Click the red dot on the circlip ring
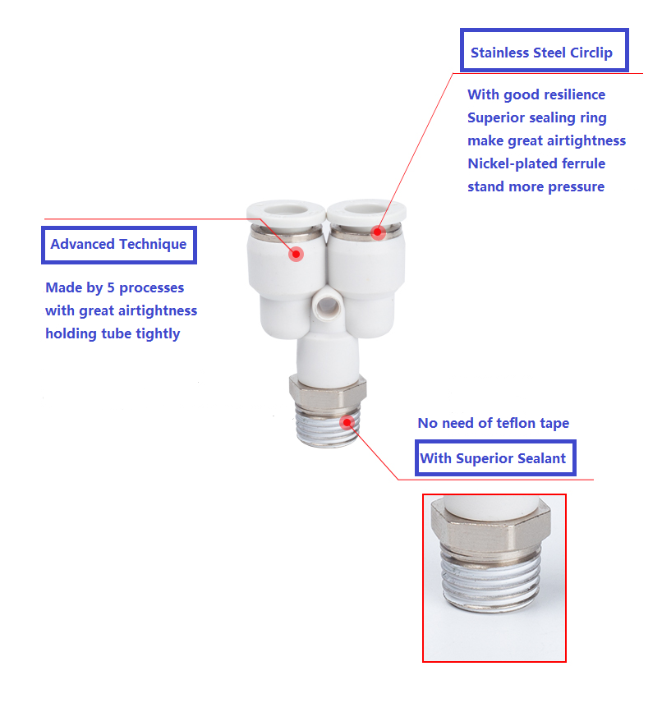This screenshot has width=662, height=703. tap(378, 232)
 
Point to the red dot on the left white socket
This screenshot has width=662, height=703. tap(296, 255)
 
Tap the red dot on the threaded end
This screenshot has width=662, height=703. tap(347, 422)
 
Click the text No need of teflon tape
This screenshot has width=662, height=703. tap(494, 423)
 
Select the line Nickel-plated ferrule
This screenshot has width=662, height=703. tap(536, 163)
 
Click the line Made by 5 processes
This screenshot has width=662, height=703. tap(115, 287)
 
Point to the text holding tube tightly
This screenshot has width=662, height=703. tap(113, 333)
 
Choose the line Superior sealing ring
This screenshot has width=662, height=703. tap(537, 117)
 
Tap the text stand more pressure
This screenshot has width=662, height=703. tap(536, 186)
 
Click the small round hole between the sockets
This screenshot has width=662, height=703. tap(328, 306)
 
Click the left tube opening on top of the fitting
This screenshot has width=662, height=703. tap(286, 209)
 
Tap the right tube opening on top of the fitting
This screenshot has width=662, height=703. tap(366, 208)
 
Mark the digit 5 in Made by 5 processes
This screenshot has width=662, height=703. tap(111, 287)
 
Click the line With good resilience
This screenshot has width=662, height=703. tap(536, 94)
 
